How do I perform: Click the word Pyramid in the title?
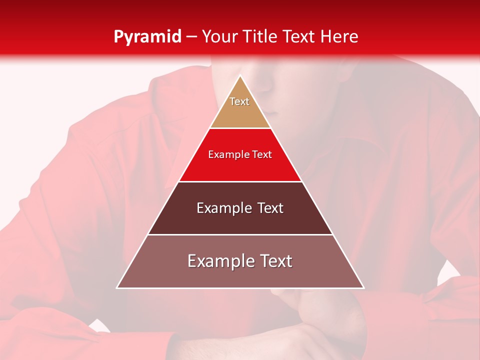tap(147, 37)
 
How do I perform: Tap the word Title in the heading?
tap(260, 36)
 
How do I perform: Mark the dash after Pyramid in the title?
tap(191, 37)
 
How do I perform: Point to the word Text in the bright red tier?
tap(262, 155)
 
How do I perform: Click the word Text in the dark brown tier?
tap(270, 208)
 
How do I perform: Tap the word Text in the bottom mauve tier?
tap(276, 261)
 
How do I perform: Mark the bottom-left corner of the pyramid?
tap(118, 287)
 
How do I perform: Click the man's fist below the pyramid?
tap(320, 315)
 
